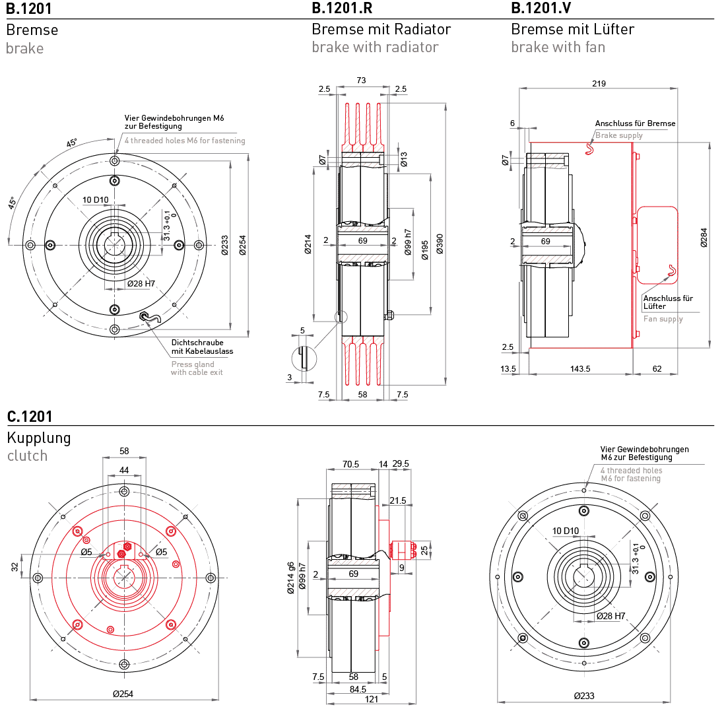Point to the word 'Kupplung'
38,438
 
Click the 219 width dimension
599,83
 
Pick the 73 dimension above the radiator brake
362,80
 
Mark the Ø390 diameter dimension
440,244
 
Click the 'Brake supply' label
618,135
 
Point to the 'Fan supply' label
663,319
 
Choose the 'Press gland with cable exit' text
197,368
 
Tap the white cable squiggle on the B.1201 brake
150,318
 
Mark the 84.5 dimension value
357,689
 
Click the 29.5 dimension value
401,464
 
